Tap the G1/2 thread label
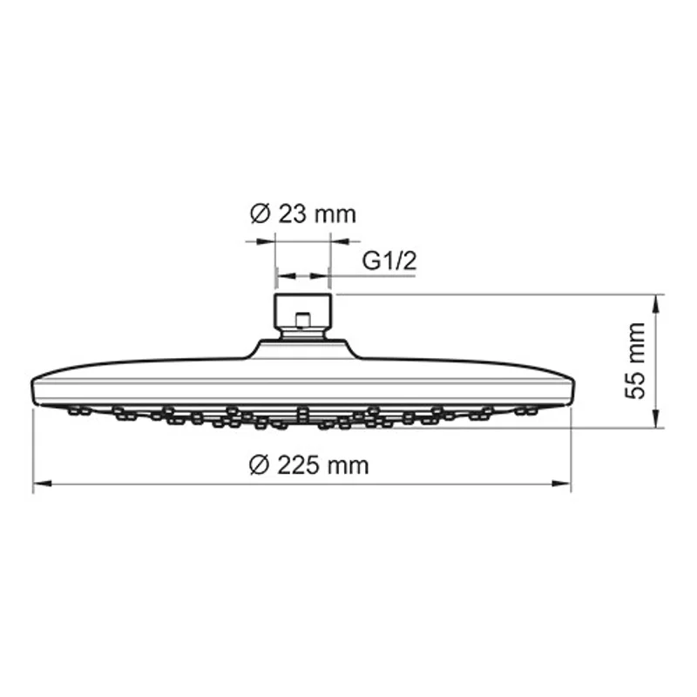[x=388, y=260]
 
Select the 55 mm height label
[x=638, y=361]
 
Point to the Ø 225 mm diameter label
[x=308, y=465]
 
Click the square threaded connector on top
[x=302, y=311]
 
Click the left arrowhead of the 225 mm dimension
[x=38, y=482]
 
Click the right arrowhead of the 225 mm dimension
[x=565, y=482]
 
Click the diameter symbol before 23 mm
[x=258, y=213]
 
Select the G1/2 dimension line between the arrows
[x=302, y=274]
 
